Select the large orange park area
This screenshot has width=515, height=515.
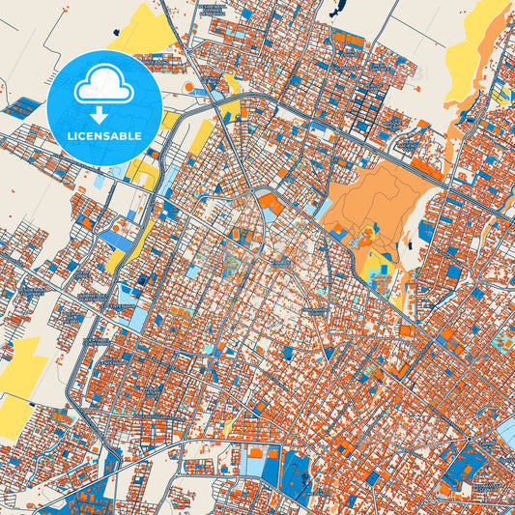pyautogui.click(x=372, y=198)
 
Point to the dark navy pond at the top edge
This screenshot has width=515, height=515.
pyautogui.click(x=336, y=9)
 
